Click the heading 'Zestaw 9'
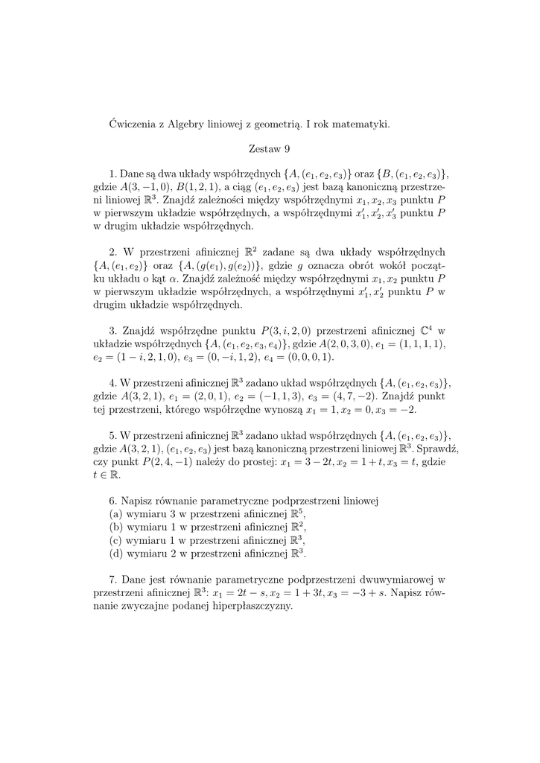pyautogui.click(x=270, y=148)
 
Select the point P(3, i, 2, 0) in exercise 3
pyautogui.click(x=287, y=330)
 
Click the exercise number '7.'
pyautogui.click(x=113, y=579)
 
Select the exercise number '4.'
pyautogui.click(x=113, y=383)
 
